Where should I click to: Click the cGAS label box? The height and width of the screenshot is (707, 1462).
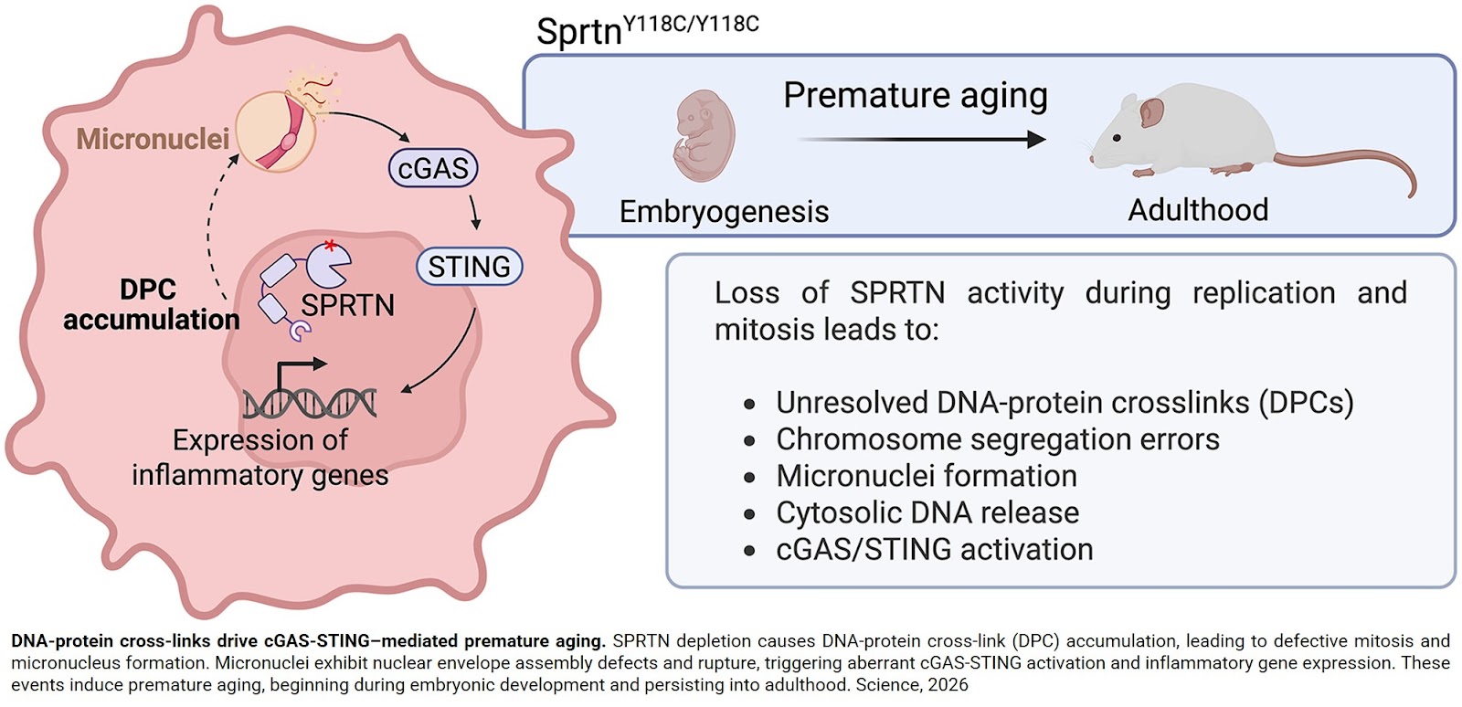433,169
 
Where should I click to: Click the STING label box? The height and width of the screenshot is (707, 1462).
470,267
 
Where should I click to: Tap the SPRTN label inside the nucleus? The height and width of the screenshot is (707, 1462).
348,305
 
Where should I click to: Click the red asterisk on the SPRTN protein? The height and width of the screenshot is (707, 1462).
330,245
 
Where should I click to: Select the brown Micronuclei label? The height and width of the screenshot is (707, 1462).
153,139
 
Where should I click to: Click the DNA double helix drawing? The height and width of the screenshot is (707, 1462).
310,402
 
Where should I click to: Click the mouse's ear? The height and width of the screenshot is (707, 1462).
1150,113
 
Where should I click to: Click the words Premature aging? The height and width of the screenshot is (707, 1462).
915,95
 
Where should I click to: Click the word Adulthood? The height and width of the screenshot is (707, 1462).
1197,210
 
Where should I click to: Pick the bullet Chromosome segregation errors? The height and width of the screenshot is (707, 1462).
997,439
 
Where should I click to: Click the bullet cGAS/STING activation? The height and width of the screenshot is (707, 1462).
934,549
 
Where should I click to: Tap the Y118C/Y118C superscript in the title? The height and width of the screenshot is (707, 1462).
692,23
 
